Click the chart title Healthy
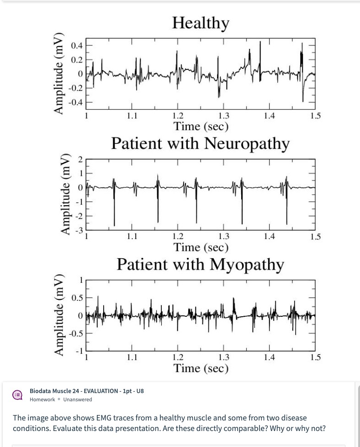tap(201, 22)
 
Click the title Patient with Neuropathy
tap(201, 143)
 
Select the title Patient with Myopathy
tap(201, 264)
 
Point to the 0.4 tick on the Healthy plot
tap(77, 46)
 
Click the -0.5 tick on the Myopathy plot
tap(75, 333)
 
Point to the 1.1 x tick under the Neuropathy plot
tap(132, 237)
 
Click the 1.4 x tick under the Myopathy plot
tap(270, 357)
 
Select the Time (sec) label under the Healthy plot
tap(201, 126)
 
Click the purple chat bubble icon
tap(17, 395)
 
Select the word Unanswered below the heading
tap(78, 399)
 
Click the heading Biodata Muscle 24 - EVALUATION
tap(87, 391)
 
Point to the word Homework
tap(42, 399)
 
